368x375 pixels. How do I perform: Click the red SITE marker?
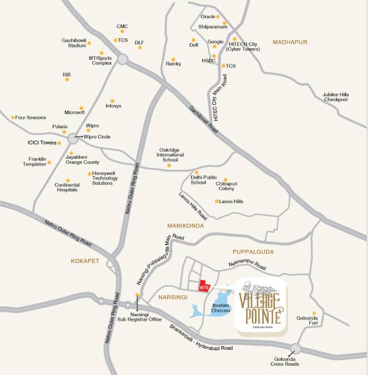[x=204, y=285]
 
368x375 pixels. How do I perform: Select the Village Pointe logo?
[x=261, y=305]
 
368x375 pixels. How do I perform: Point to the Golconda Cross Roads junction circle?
[x=296, y=349]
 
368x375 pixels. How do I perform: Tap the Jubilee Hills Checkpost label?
[x=339, y=97]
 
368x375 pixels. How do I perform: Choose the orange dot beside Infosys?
[x=112, y=100]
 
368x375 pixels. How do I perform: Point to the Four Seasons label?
[x=31, y=117]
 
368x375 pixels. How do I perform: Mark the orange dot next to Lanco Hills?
[x=216, y=201]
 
